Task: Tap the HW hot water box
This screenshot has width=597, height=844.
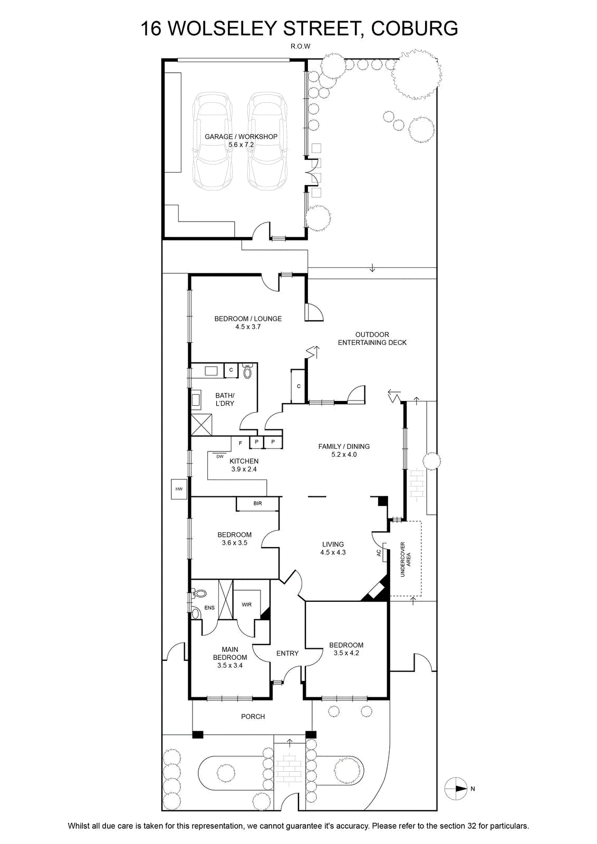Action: tap(179, 489)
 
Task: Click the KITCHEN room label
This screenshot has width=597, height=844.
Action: tap(244, 461)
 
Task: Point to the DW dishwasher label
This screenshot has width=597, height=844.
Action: tap(220, 457)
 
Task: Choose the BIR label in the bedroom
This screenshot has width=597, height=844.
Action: tap(258, 503)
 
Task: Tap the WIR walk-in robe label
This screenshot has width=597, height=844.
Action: tap(247, 605)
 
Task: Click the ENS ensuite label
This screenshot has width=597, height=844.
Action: tap(209, 607)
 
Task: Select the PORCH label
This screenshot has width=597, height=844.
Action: tap(253, 716)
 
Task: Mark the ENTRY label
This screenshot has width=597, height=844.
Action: tap(287, 653)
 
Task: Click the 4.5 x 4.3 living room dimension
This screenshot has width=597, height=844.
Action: tap(333, 552)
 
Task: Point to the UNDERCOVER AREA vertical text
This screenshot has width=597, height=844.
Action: tap(405, 559)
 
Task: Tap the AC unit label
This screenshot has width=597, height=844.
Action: tap(379, 553)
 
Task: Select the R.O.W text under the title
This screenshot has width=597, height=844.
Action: tap(300, 46)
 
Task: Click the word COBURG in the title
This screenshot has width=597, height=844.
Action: tap(415, 28)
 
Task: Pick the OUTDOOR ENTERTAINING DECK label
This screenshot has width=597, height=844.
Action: tap(372, 338)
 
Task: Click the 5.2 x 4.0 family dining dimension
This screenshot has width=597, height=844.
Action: tap(344, 454)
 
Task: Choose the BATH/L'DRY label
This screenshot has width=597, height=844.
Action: tap(225, 399)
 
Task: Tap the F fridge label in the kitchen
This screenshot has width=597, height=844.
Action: tap(240, 443)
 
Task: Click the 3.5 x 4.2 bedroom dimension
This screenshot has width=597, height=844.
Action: tap(346, 653)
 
